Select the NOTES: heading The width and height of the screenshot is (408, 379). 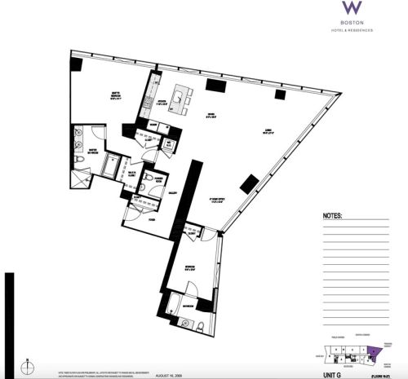(x=333, y=217)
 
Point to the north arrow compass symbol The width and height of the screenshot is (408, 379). (x=26, y=364)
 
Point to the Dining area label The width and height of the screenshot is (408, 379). (x=210, y=115)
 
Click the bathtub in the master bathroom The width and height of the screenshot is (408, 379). (x=109, y=169)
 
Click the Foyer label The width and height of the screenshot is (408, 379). (x=152, y=220)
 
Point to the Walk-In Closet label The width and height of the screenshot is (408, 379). (x=131, y=174)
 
